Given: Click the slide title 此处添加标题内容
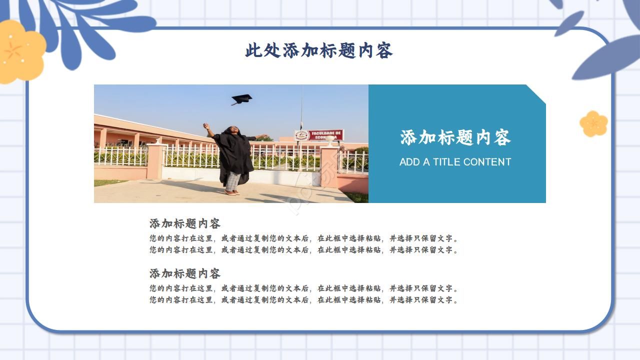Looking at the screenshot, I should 318,50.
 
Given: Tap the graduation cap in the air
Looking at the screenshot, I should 241,99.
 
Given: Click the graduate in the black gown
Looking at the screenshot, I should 234,157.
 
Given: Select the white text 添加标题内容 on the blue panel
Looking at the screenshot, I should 455,137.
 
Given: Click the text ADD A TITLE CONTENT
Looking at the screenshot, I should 455,162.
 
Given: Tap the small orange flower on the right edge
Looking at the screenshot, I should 593,123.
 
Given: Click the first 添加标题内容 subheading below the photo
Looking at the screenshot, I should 184,223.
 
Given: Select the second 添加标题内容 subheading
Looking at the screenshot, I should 184,273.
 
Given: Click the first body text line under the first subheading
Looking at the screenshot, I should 303,238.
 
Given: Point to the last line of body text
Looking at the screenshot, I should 303,300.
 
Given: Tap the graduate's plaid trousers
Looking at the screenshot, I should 232,181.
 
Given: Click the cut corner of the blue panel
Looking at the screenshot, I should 536,93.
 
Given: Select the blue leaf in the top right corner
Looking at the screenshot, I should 607,57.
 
